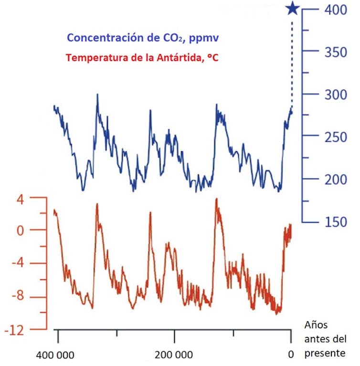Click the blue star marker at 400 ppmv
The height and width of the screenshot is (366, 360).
(293, 9)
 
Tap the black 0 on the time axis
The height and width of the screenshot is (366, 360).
(290, 355)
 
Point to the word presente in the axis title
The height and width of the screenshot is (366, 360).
(325, 353)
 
